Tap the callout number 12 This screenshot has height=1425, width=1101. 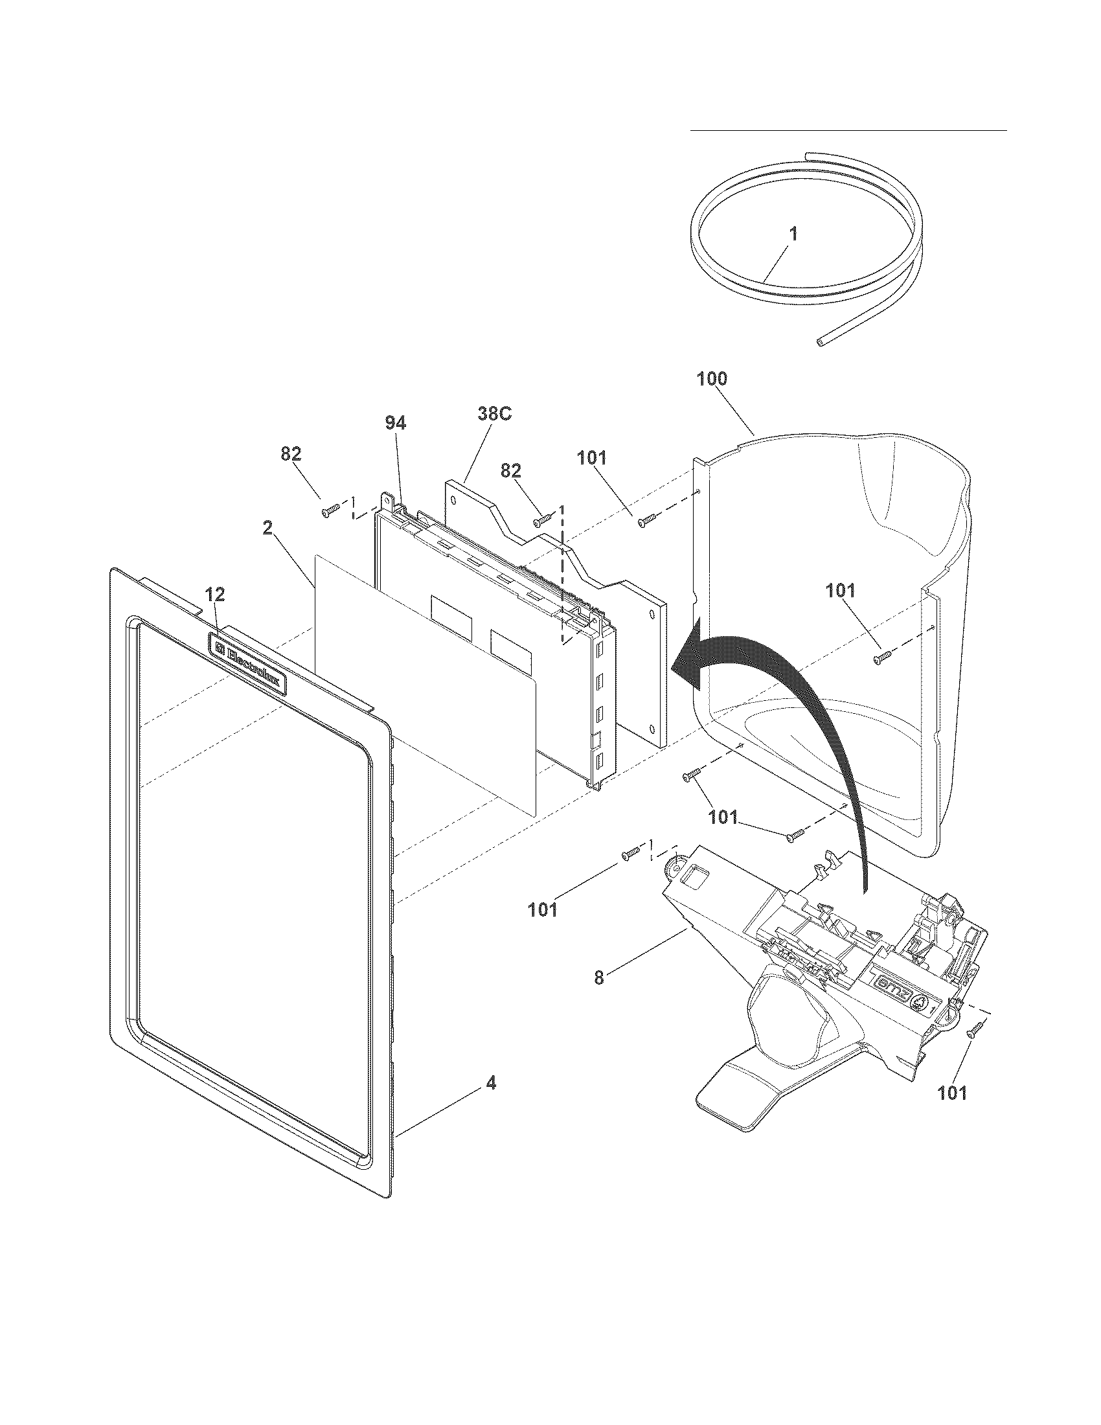tap(215, 595)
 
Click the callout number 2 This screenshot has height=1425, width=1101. tap(268, 528)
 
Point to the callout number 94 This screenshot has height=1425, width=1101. tap(395, 424)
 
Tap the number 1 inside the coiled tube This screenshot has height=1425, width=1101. tap(793, 234)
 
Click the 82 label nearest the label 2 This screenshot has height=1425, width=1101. tap(291, 454)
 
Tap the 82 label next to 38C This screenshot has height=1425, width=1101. tap(511, 470)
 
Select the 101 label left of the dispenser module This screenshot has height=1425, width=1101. tap(543, 909)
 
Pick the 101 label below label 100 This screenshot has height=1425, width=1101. tap(591, 458)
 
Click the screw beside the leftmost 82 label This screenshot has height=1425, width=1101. tap(328, 512)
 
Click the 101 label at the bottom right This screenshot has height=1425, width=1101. tap(952, 1093)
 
